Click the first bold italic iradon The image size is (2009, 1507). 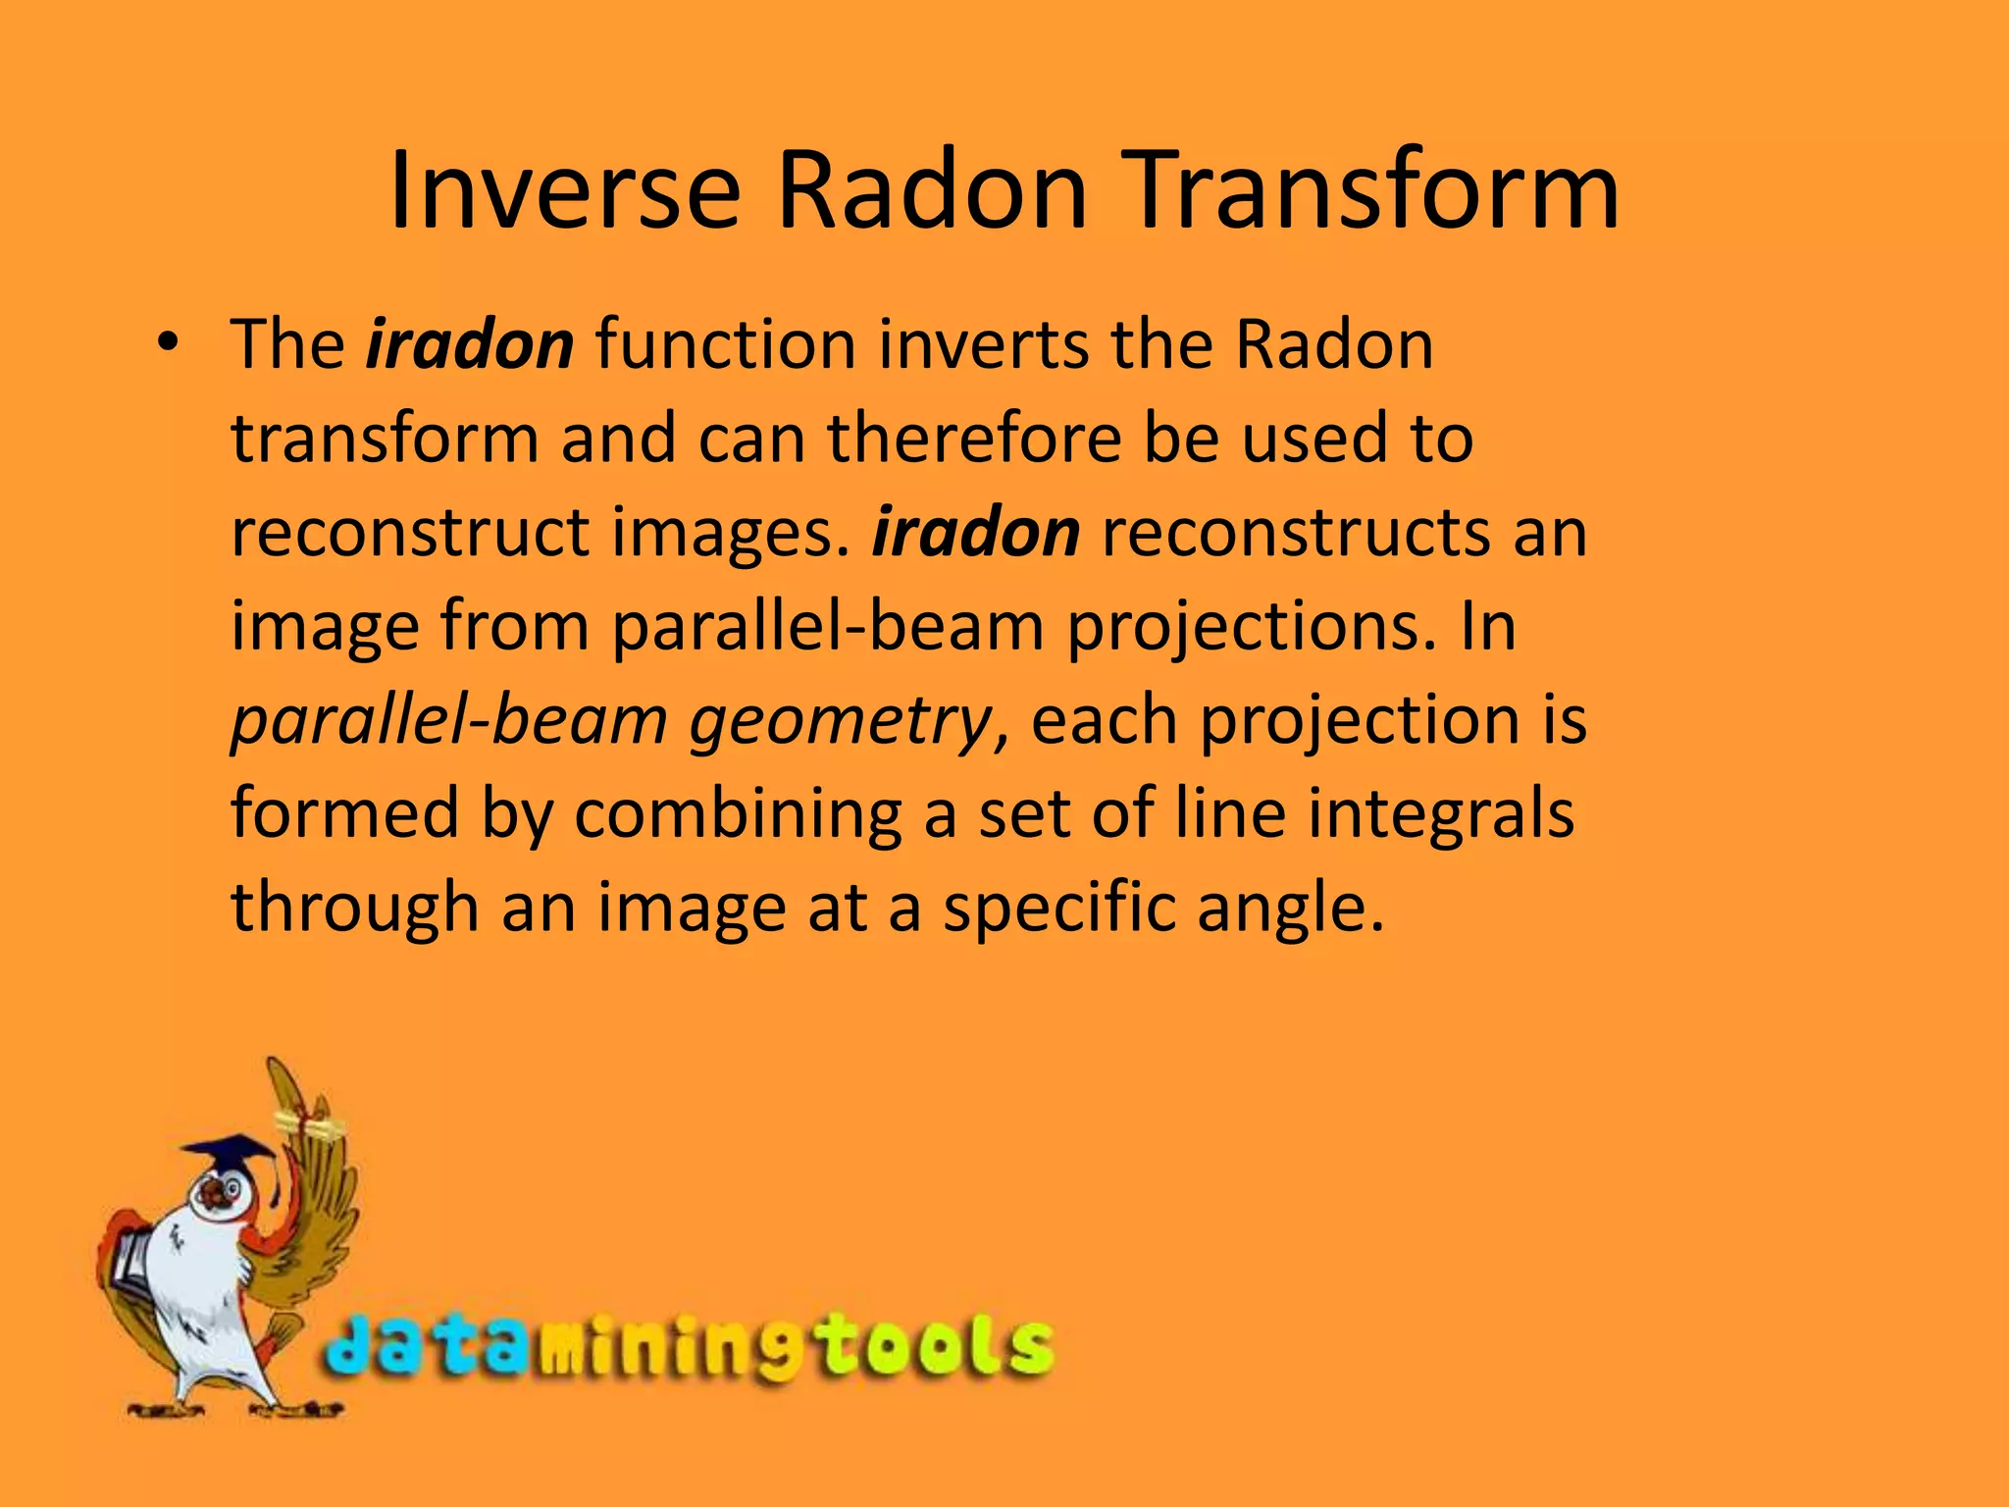click(x=470, y=344)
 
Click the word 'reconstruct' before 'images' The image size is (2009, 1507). click(x=409, y=532)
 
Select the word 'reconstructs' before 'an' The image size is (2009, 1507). click(x=1295, y=532)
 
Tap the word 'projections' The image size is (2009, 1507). click(x=1243, y=626)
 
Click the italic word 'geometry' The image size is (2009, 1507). click(x=840, y=721)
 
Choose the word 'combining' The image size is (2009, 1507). click(x=738, y=813)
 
